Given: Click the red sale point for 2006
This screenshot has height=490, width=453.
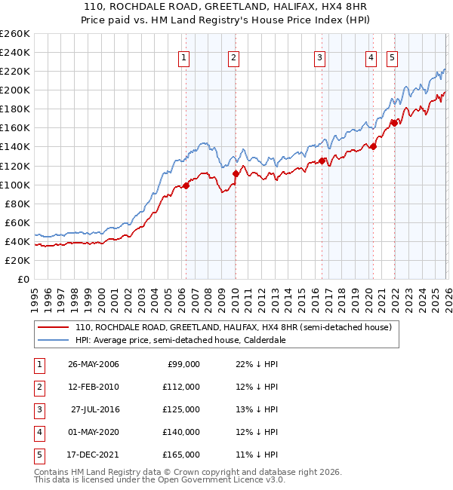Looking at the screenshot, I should (x=186, y=185).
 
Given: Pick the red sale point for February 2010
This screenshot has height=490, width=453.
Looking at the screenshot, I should (x=235, y=173).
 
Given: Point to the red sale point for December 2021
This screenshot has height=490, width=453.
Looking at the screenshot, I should (x=393, y=123).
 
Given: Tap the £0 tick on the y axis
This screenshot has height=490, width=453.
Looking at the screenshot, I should (x=23, y=279).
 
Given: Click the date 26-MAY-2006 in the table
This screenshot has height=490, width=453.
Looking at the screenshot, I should (x=94, y=364).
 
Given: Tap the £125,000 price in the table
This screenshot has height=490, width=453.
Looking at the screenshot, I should (x=180, y=409).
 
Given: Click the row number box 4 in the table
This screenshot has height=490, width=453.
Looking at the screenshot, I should (x=38, y=432).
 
